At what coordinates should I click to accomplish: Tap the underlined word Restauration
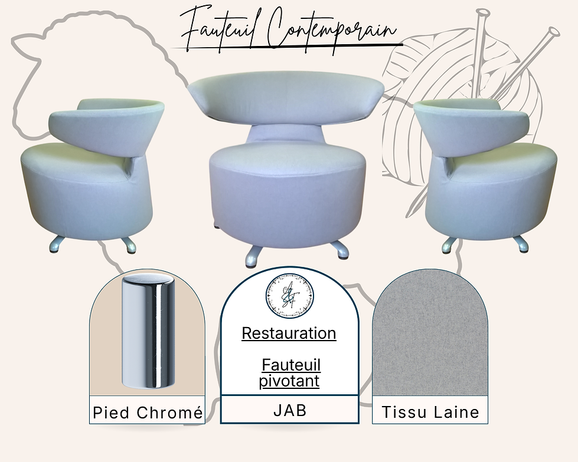pyautogui.click(x=289, y=334)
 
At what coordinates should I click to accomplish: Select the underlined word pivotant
pyautogui.click(x=289, y=381)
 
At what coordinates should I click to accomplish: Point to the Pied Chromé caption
pyautogui.click(x=148, y=412)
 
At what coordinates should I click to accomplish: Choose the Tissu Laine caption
pyautogui.click(x=430, y=412)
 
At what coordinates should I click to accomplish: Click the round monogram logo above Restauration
pyautogui.click(x=290, y=295)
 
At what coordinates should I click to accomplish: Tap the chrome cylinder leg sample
pyautogui.click(x=148, y=331)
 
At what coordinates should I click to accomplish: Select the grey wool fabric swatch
pyautogui.click(x=430, y=333)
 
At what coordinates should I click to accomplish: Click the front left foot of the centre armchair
pyautogui.click(x=254, y=256)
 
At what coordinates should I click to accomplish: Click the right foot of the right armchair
pyautogui.click(x=521, y=244)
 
